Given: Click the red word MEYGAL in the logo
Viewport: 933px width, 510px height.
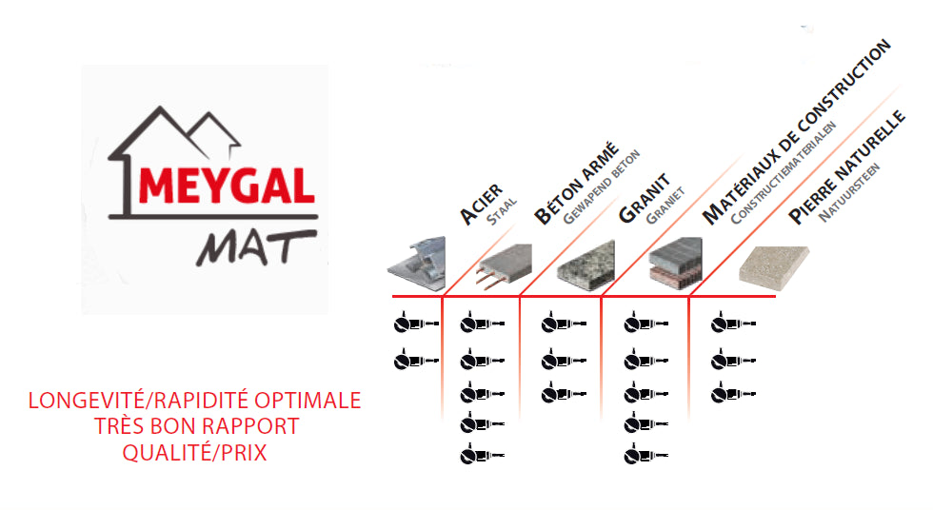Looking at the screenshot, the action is [227, 186].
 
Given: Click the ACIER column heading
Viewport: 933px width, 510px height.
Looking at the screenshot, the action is [482, 206].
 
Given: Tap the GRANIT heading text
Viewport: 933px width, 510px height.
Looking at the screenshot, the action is [645, 199].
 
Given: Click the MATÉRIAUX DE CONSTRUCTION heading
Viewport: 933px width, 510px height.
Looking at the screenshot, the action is [796, 132].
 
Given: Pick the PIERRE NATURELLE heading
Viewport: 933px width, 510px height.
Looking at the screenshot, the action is [846, 167].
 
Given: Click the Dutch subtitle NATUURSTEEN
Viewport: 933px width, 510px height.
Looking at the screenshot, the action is [849, 192].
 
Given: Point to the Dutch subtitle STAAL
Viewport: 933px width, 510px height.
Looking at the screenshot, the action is [502, 212].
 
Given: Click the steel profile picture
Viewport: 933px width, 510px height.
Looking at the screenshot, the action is [417, 264].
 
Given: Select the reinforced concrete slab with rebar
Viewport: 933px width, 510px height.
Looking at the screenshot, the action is [504, 265].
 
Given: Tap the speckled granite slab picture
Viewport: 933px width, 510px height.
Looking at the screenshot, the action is [586, 265].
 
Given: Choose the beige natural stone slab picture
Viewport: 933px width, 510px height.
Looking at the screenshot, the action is [773, 267].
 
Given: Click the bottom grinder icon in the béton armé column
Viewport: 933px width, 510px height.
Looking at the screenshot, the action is [483, 455].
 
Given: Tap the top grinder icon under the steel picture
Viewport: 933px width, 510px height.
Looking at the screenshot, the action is [417, 323].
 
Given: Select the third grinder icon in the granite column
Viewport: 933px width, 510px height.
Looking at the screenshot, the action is [564, 393].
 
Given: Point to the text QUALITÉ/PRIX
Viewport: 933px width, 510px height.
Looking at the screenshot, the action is [194, 453].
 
